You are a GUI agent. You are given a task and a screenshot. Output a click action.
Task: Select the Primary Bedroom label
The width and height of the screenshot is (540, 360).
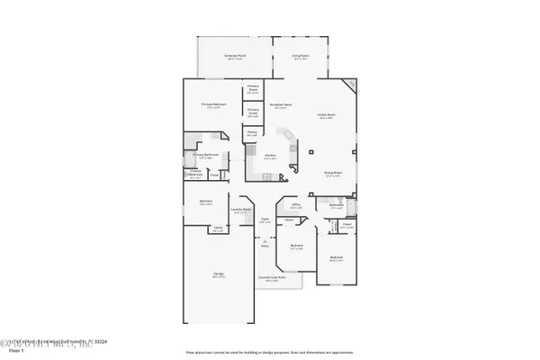(213, 105)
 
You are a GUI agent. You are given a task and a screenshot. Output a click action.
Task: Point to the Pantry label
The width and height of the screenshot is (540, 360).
(253, 133)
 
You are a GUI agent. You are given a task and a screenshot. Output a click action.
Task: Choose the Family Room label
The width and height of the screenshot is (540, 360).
(326, 115)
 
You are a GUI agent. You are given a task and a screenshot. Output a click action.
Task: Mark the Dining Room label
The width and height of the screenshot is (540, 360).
(332, 174)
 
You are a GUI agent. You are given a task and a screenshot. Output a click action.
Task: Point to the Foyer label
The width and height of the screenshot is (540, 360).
(265, 220)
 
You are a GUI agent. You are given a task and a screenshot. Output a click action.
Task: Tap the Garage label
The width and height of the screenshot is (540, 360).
(219, 275)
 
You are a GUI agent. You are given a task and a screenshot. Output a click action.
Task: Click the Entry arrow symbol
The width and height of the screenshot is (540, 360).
(265, 241)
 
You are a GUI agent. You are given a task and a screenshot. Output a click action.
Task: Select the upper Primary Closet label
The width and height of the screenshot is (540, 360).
(253, 89)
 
